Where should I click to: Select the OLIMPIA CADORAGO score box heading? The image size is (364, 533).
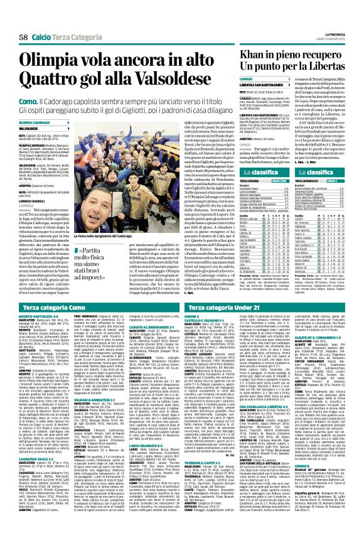click(35, 123)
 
